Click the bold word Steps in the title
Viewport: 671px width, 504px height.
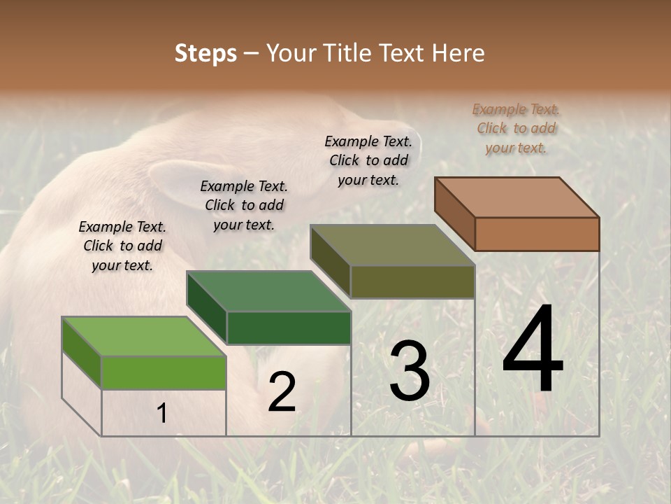(205, 53)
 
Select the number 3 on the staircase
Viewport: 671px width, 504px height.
(410, 371)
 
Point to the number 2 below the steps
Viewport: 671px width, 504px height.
(282, 392)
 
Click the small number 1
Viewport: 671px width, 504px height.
(162, 413)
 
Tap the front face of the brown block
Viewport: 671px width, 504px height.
(537, 234)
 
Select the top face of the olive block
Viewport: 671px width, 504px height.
(393, 245)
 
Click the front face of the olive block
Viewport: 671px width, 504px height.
(412, 281)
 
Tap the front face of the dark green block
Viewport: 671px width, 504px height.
(288, 328)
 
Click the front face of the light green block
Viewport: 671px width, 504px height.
(164, 372)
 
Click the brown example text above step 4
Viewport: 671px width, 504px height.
(516, 129)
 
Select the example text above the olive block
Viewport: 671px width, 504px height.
(368, 160)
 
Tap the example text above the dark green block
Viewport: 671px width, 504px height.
(244, 205)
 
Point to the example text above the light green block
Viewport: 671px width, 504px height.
(122, 246)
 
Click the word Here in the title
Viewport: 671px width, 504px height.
(458, 53)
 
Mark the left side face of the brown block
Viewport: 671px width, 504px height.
(454, 213)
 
